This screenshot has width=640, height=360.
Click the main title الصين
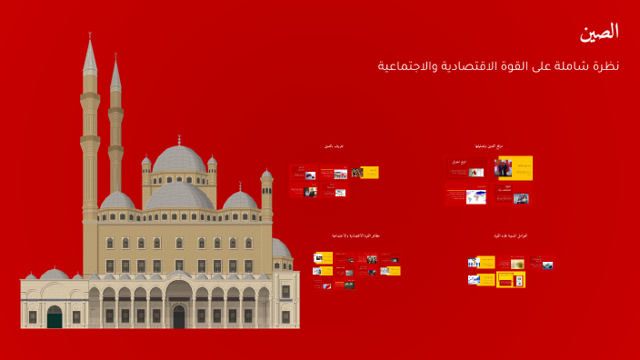pyautogui.click(x=599, y=32)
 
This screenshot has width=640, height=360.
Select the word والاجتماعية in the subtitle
pyautogui.click(x=405, y=66)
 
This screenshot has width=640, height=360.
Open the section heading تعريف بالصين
pyautogui.click(x=334, y=146)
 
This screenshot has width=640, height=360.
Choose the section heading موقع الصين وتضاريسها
pyautogui.click(x=489, y=145)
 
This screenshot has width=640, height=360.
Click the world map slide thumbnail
pyautogui.click(x=476, y=196)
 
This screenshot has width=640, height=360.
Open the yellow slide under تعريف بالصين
pyautogui.click(x=369, y=172)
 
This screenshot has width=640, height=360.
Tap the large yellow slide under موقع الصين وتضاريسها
pyautogui.click(x=515, y=168)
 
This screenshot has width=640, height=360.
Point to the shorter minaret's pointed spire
pyautogui.click(x=115, y=57)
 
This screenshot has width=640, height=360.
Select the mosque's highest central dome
pyautogui.click(x=179, y=160)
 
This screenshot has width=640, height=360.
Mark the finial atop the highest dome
pyautogui.click(x=179, y=138)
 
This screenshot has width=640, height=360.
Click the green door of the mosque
pyautogui.click(x=55, y=316)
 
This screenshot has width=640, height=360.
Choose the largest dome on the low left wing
pyautogui.click(x=55, y=274)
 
